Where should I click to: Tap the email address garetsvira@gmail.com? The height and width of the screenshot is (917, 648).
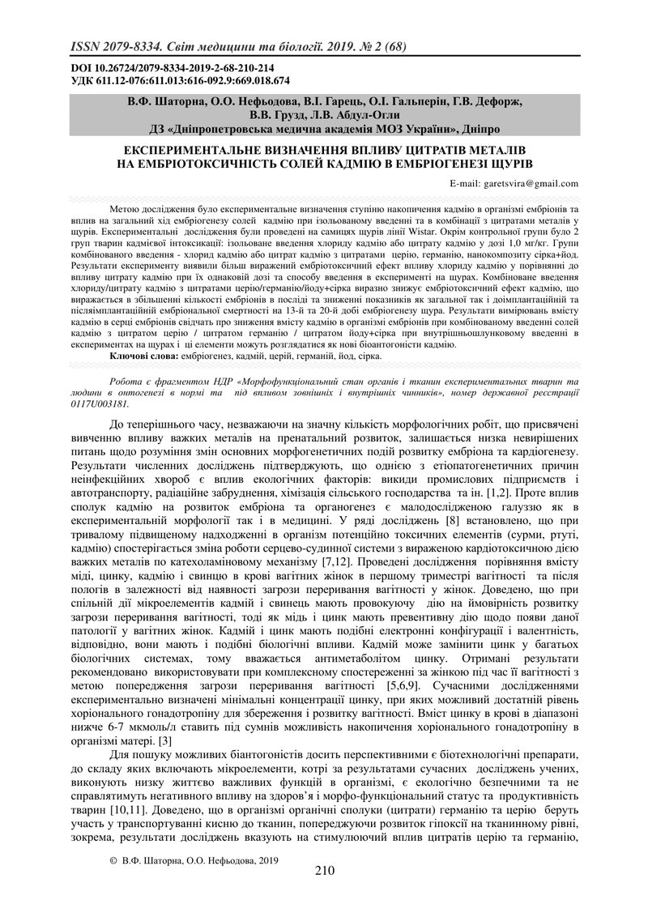(526, 184)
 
